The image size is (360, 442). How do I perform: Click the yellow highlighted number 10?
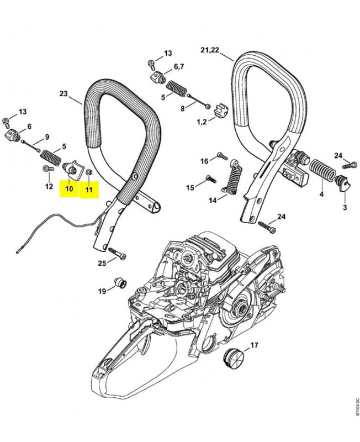click(70, 189)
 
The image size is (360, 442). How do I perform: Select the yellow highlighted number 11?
click(88, 189)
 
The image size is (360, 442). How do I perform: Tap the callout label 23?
click(63, 94)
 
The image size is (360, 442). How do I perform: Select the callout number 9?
click(47, 136)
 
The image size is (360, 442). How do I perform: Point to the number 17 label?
click(254, 346)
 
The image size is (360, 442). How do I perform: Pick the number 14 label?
click(213, 200)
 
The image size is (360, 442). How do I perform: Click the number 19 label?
click(102, 291)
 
